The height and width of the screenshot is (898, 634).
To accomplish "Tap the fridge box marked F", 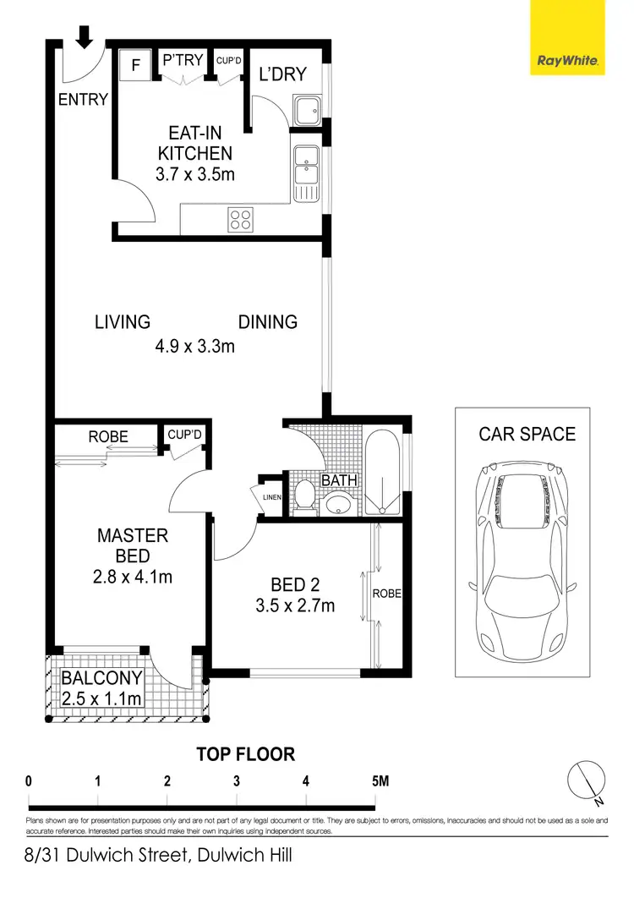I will click(x=134, y=64).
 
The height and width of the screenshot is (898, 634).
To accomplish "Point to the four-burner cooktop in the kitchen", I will click(x=240, y=220).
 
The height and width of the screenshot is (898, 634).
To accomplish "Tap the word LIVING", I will click(x=122, y=322).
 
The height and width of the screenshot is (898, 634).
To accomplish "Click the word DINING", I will click(x=267, y=322).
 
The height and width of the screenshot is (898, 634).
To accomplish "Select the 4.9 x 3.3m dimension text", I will click(x=194, y=345).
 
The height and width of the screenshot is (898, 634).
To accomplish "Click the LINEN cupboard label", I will click(x=271, y=497).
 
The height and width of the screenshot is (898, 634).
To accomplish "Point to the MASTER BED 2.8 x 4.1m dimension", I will click(x=134, y=578).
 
